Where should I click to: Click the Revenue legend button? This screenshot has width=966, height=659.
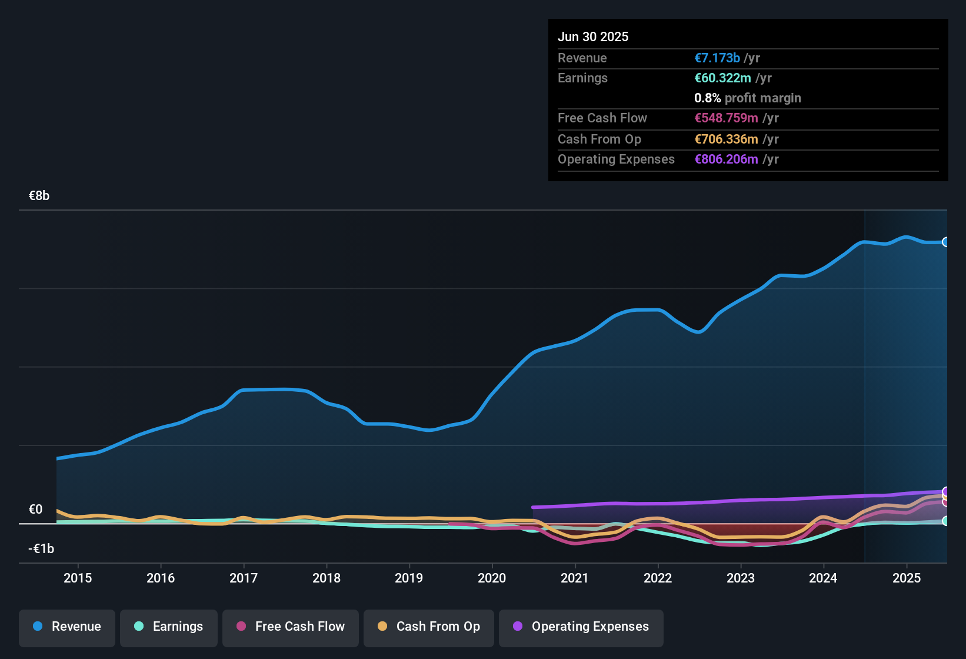[x=67, y=627]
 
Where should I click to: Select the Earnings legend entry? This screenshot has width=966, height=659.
[x=169, y=627]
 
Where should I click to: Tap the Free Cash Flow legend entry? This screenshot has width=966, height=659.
[x=291, y=627]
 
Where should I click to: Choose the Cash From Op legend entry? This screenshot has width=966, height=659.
[x=429, y=627]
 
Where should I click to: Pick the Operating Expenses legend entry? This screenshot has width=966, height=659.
[x=581, y=627]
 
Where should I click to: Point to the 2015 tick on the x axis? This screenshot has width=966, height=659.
[x=78, y=578]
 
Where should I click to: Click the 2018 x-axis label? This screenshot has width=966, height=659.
[x=327, y=578]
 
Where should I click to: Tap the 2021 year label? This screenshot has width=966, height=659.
[x=575, y=578]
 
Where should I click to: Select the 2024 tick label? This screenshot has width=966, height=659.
[x=823, y=578]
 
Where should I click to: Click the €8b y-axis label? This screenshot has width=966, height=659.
[x=39, y=196]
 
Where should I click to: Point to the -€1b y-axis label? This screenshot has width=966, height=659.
[x=41, y=548]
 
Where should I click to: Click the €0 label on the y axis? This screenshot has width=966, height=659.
[x=36, y=510]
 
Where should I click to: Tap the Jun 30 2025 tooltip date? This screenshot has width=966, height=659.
[x=593, y=37]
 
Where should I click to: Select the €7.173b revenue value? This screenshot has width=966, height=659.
[x=717, y=58]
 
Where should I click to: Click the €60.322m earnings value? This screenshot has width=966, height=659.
[x=722, y=78]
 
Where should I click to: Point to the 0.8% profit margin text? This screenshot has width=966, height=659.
[x=747, y=98]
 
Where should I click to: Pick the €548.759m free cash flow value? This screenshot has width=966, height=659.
[x=726, y=118]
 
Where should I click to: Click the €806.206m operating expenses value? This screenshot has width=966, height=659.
[x=726, y=159]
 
